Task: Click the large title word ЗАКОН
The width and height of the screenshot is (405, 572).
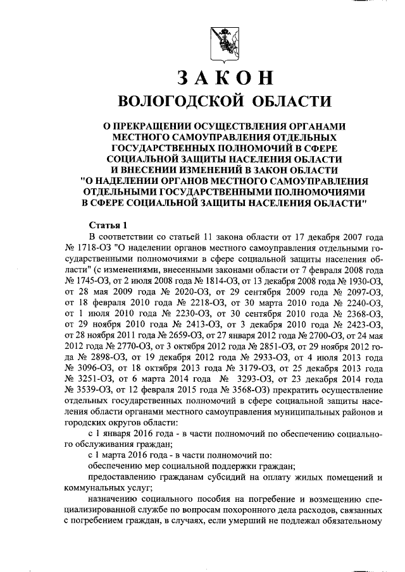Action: click(225, 77)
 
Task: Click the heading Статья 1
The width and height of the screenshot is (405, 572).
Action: click(108, 226)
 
